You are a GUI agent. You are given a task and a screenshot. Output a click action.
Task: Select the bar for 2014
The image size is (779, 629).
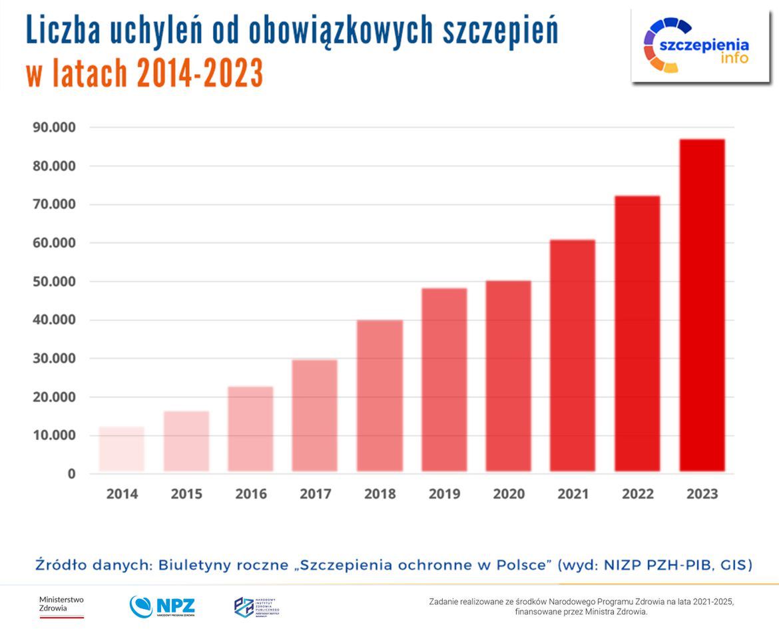point(122,449)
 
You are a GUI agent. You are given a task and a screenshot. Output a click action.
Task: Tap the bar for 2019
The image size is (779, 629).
point(444,379)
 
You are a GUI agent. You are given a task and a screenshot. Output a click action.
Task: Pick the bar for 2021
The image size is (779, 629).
point(573,355)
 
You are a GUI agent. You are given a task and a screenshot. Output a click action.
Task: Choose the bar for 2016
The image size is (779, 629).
point(250,429)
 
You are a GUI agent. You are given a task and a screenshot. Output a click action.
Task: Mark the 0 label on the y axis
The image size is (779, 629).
point(71,474)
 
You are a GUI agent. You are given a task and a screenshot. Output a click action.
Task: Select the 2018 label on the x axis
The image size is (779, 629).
point(380,494)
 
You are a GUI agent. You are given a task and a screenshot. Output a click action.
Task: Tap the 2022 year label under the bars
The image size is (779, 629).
point(637,494)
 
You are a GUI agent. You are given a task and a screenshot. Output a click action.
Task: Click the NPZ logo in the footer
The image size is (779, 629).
point(162,606)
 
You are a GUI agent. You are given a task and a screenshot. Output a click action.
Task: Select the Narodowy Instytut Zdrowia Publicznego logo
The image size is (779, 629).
point(256,606)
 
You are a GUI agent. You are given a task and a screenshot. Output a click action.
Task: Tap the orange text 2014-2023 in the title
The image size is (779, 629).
point(200,74)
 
